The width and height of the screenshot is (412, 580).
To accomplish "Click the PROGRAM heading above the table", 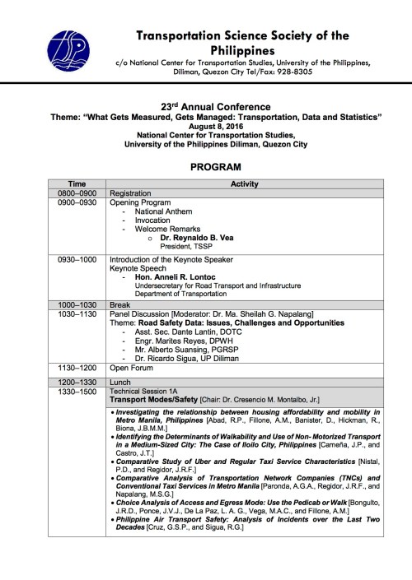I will pyautogui.click(x=215, y=166).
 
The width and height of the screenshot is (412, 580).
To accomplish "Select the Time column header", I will pyautogui.click(x=77, y=183).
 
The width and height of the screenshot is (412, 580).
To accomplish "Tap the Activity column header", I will pyautogui.click(x=245, y=183).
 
